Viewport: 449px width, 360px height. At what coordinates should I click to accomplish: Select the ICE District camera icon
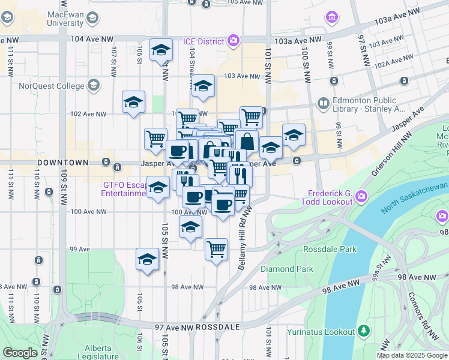(234, 41)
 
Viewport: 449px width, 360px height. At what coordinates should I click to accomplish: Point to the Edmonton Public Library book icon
(324, 104)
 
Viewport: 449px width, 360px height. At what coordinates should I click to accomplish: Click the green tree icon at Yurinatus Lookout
(363, 331)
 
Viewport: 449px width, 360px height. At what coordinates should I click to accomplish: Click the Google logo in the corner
(20, 353)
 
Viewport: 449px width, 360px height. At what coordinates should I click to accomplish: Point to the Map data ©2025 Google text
(412, 356)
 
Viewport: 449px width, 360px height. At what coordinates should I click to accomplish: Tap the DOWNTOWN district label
(62, 163)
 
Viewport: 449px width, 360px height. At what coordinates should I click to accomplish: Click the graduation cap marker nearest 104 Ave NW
(161, 50)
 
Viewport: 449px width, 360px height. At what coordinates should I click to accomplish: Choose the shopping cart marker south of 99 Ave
(216, 248)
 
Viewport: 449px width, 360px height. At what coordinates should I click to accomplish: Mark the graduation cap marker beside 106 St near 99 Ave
(147, 259)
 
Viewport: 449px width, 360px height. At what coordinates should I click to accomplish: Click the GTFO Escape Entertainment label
(123, 189)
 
